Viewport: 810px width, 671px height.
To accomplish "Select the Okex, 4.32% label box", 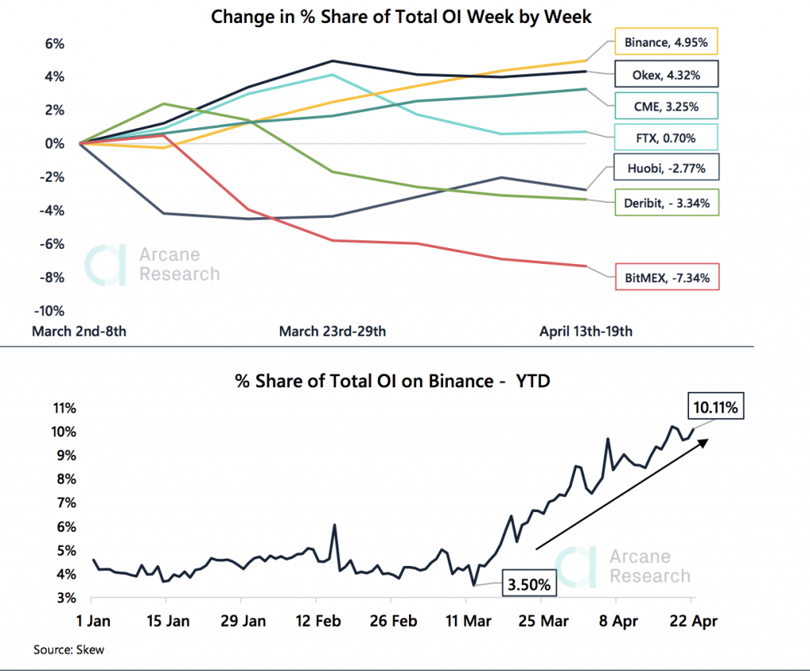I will pyautogui.click(x=666, y=76).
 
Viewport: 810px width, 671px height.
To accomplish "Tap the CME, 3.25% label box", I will pyautogui.click(x=666, y=106).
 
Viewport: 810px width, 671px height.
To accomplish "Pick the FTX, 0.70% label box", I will pyautogui.click(x=666, y=138).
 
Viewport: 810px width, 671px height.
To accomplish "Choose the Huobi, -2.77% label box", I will pyautogui.click(x=666, y=168).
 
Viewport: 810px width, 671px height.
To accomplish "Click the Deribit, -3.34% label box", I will pyautogui.click(x=666, y=203).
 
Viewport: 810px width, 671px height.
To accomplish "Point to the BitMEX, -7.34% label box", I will pyautogui.click(x=666, y=277).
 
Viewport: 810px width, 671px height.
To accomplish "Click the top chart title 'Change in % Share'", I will pyautogui.click(x=401, y=16).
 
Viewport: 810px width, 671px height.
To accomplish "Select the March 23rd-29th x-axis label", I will pyautogui.click(x=332, y=331).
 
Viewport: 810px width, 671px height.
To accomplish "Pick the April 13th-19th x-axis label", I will pyautogui.click(x=585, y=331).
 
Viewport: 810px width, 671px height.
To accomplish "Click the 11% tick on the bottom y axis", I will pyautogui.click(x=62, y=409).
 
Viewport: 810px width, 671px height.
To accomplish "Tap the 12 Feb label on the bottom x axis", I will pyautogui.click(x=317, y=621).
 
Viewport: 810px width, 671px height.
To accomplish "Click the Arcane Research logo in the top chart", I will pyautogui.click(x=153, y=265).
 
